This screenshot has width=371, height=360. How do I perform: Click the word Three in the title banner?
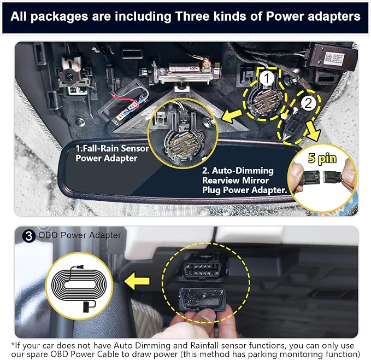[x=192, y=16]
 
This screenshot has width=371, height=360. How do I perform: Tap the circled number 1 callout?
[x=267, y=78]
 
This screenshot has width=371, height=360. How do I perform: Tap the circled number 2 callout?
[x=308, y=103]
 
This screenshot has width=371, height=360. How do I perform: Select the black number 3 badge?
[x=28, y=236]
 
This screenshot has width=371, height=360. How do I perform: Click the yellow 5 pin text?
[x=322, y=158]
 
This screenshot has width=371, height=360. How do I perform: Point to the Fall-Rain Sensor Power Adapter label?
[x=112, y=153]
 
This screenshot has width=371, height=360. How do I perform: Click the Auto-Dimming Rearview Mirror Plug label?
[x=244, y=180]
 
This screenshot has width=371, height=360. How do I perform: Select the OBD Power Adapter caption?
[x=80, y=235]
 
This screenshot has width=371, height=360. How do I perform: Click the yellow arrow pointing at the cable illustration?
[x=137, y=281]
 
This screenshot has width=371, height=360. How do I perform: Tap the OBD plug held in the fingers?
[x=202, y=299]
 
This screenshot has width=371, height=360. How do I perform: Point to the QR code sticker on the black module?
[x=328, y=57]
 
